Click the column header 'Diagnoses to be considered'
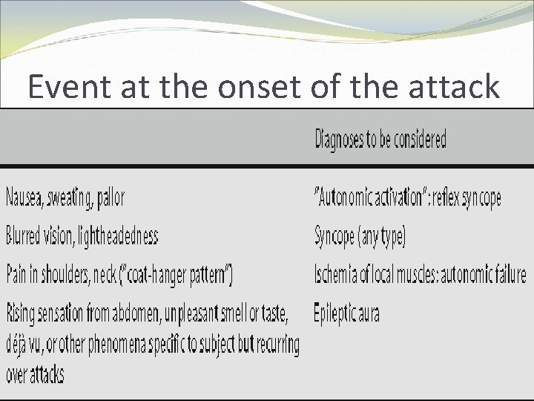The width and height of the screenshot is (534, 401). (380, 139)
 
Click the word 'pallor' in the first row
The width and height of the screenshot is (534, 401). (109, 198)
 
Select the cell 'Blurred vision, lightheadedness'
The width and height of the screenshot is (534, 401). (82, 237)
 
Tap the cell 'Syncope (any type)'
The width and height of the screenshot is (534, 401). (360, 237)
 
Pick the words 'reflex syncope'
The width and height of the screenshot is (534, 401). (467, 198)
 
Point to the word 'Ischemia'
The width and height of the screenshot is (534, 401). (338, 275)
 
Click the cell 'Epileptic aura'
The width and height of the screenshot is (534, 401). (346, 313)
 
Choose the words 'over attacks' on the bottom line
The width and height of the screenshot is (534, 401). (35, 374)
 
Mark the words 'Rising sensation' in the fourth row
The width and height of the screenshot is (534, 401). (45, 314)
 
